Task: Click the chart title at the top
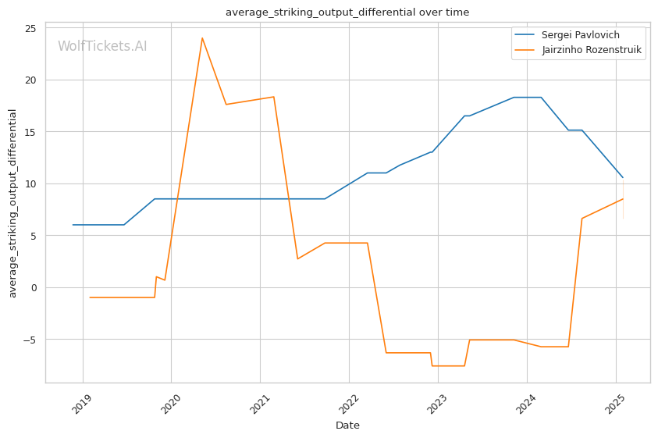(x=347, y=12)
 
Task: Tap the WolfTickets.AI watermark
(x=102, y=46)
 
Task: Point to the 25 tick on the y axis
(x=30, y=28)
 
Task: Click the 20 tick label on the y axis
(x=30, y=80)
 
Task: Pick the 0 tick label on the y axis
(x=34, y=287)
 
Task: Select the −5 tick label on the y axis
(x=30, y=340)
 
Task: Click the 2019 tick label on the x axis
(x=82, y=404)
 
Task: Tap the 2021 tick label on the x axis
(x=260, y=404)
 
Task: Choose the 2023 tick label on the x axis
(x=438, y=404)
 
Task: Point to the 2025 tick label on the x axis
(x=616, y=404)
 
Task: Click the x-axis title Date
(x=347, y=426)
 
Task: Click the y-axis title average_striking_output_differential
(x=12, y=204)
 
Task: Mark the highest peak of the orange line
(x=202, y=38)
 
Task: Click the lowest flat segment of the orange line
(x=448, y=365)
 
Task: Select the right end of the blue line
(x=623, y=178)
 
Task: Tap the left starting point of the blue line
(x=73, y=225)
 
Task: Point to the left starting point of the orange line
(x=91, y=297)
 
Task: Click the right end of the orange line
(x=623, y=198)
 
